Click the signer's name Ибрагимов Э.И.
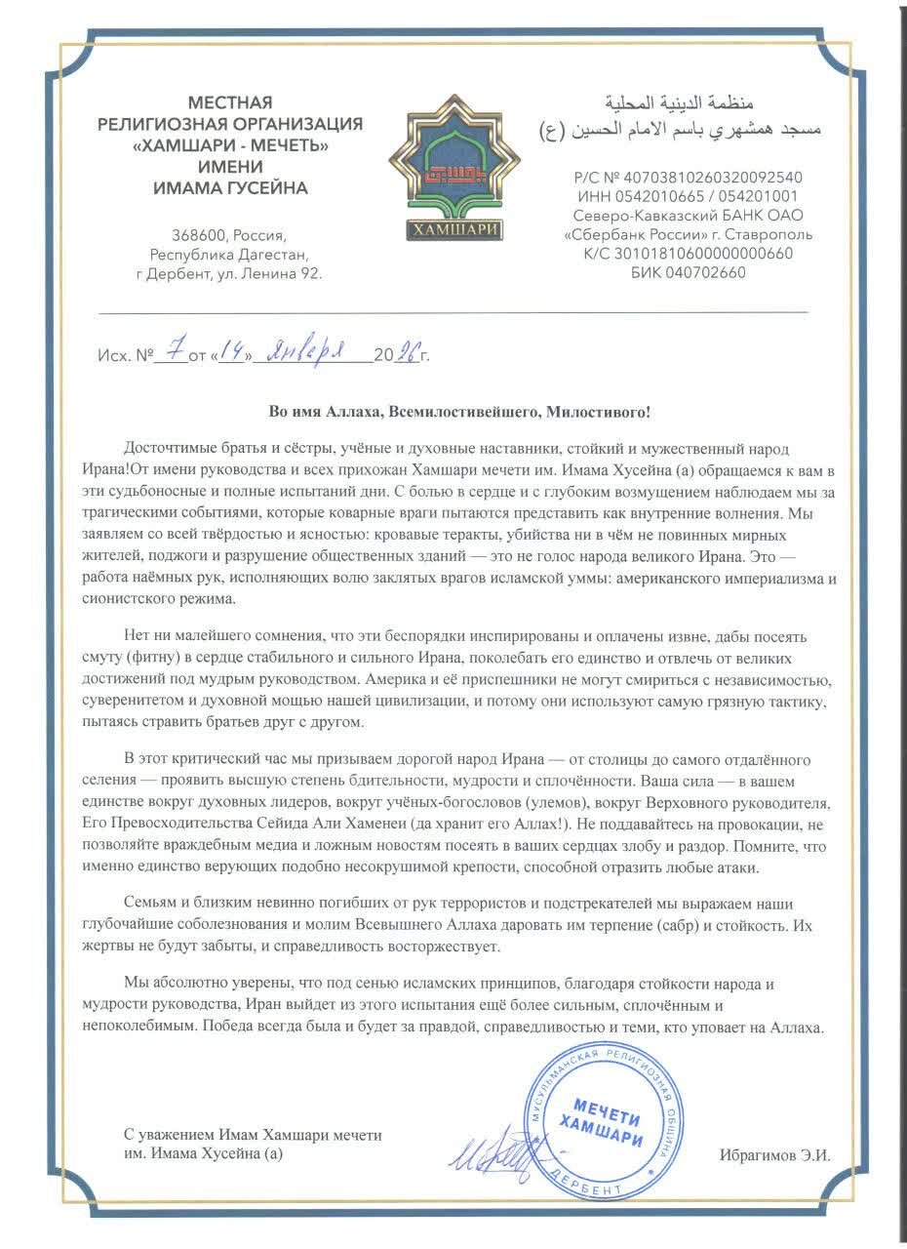(774, 1154)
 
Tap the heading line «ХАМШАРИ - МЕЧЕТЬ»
(230, 145)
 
